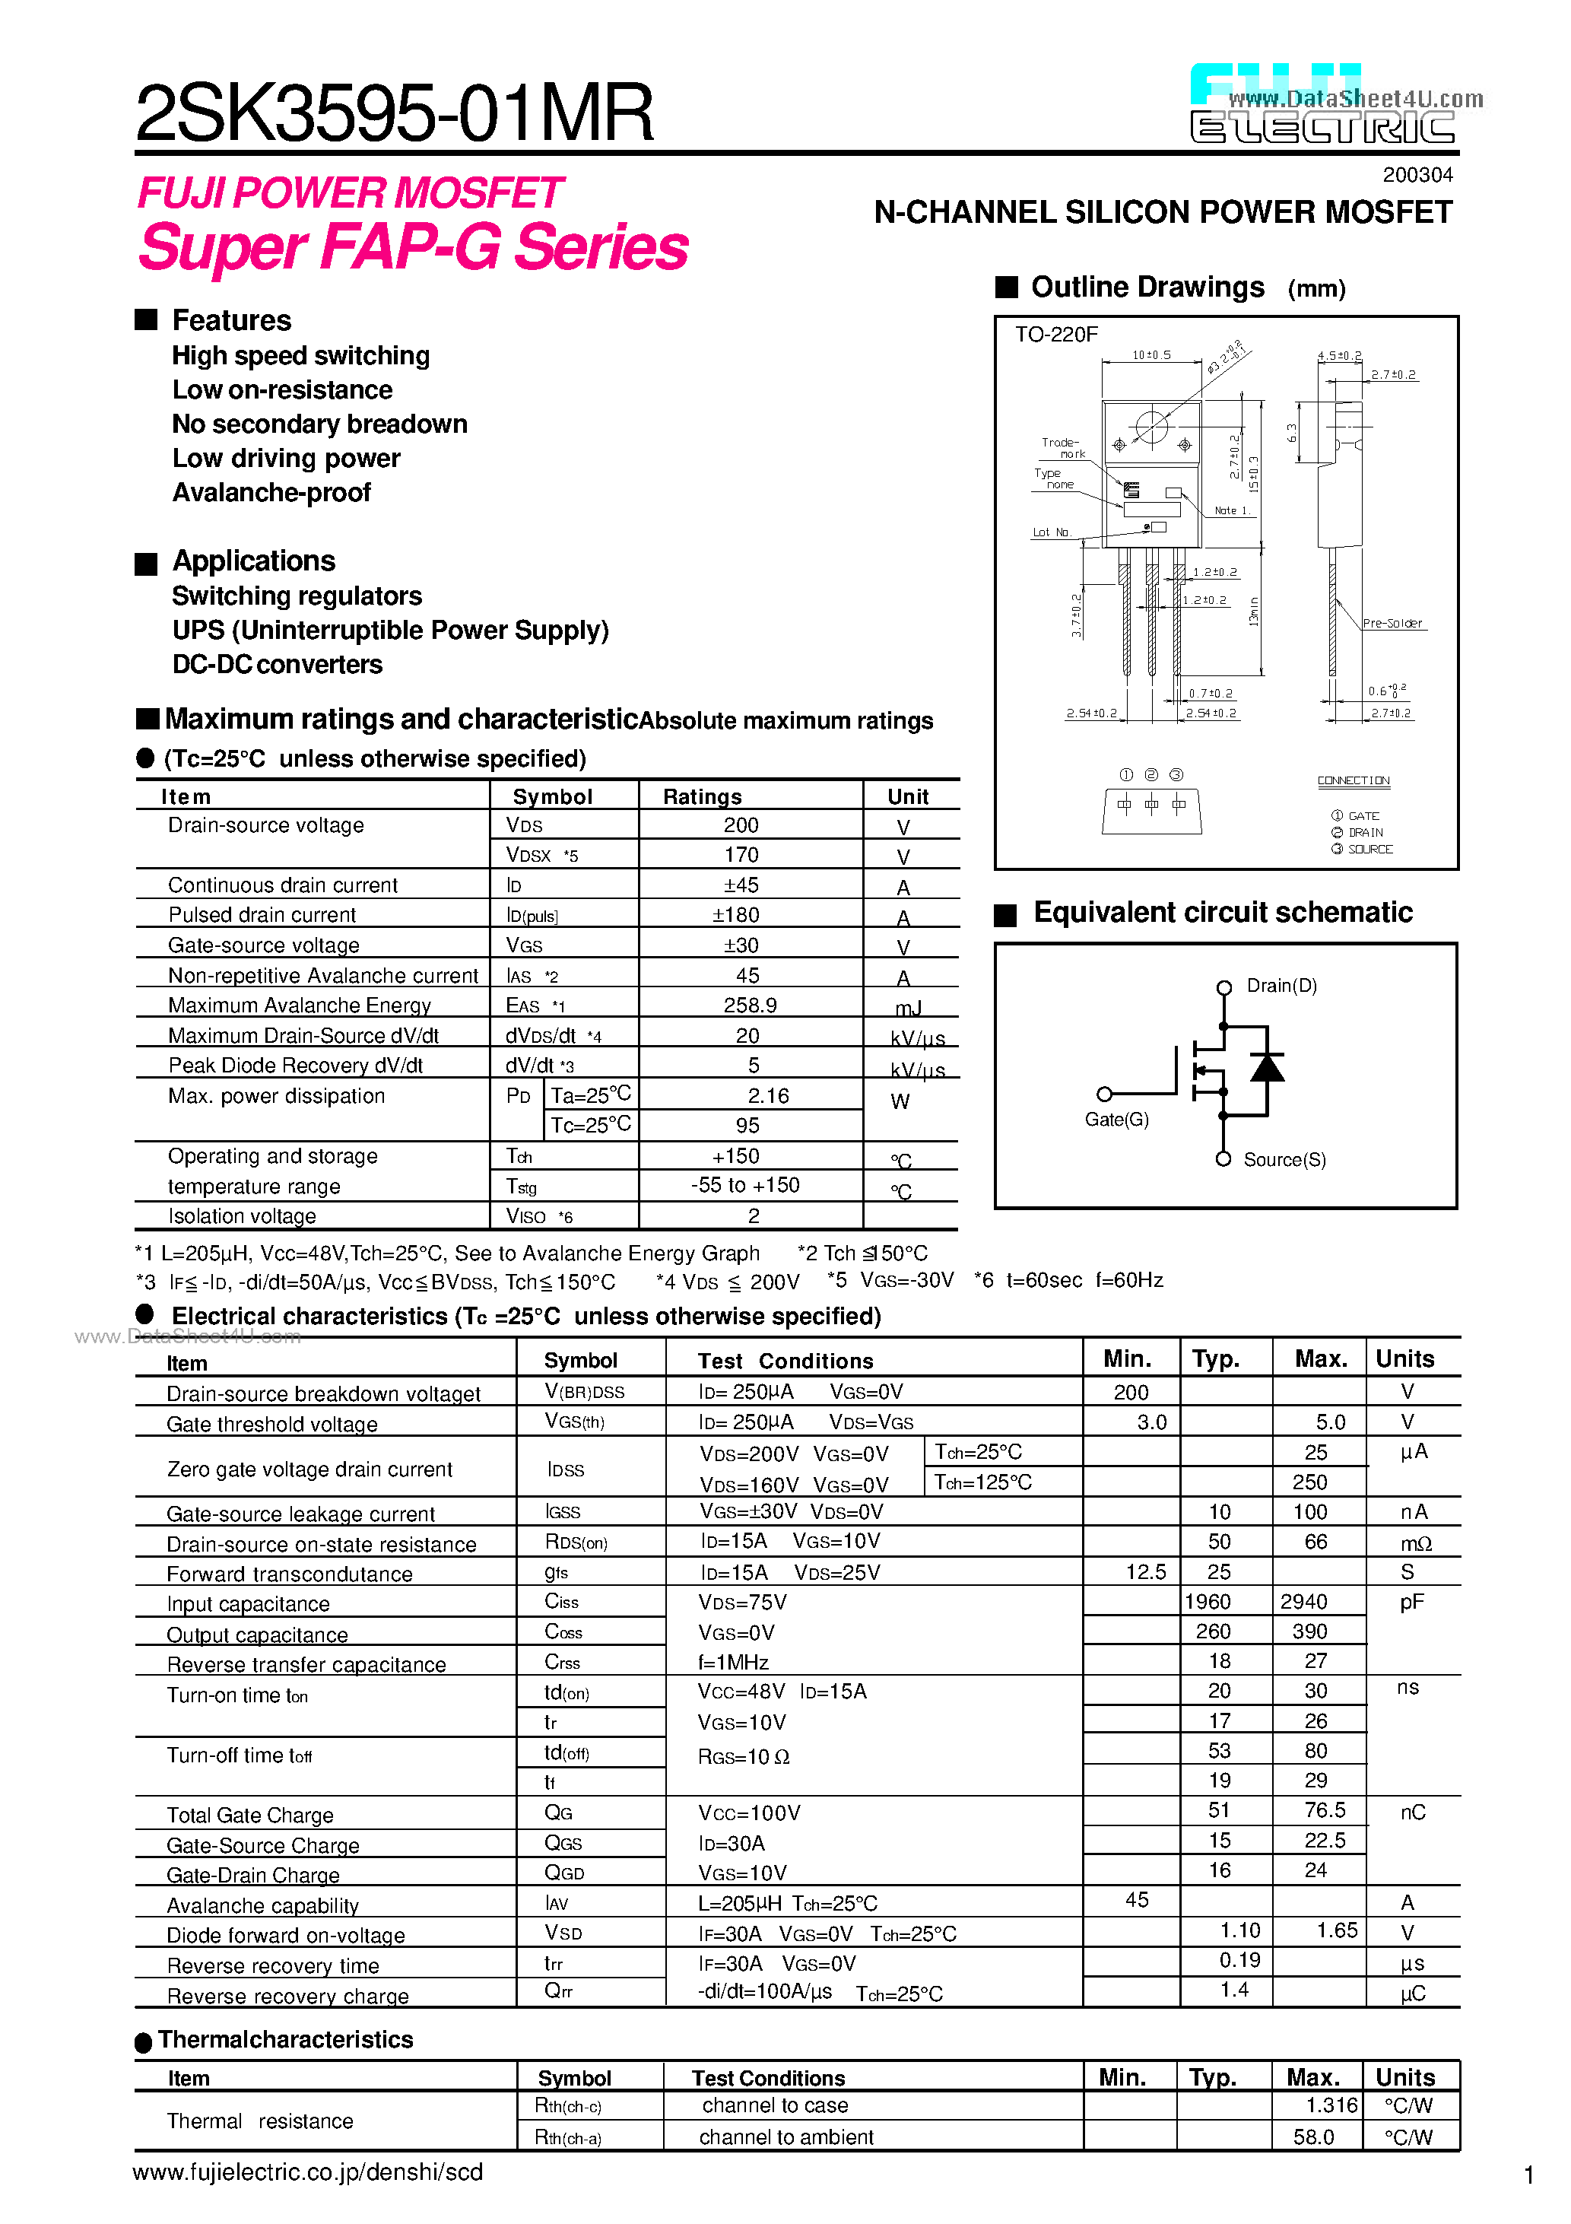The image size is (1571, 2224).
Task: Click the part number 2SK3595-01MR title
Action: point(394,113)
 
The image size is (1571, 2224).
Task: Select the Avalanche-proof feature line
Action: point(271,493)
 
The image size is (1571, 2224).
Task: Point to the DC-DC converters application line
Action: point(277,665)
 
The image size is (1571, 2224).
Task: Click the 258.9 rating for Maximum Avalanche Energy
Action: point(750,1006)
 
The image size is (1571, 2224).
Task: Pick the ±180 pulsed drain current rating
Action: point(736,915)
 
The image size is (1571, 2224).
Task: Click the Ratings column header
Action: point(702,796)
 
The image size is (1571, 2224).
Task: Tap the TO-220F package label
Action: point(1055,335)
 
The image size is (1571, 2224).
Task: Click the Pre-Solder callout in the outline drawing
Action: point(1392,624)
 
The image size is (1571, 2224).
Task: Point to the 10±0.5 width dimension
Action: point(1150,355)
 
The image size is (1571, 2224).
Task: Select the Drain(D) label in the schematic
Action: point(1281,986)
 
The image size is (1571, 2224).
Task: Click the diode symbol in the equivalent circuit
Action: point(1267,1067)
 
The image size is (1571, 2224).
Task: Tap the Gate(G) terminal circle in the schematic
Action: point(1104,1095)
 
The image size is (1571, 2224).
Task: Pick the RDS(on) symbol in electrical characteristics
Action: point(576,1542)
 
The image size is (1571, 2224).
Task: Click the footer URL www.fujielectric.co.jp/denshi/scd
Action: point(307,2172)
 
